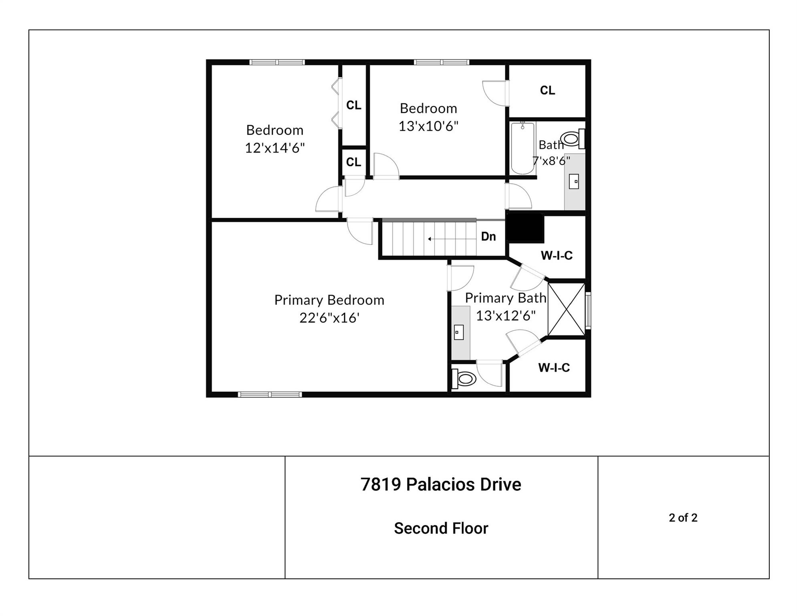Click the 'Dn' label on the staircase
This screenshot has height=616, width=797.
coord(488,237)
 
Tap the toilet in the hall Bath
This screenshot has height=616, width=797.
coord(573,139)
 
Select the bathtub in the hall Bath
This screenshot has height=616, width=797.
coord(523,148)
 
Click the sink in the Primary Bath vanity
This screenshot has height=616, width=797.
coord(459,332)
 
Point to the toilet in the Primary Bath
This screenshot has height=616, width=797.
coord(464,379)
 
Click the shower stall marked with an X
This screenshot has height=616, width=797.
coord(566,309)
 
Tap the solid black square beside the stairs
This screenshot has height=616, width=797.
coord(525,228)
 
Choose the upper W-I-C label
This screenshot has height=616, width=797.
coord(557,255)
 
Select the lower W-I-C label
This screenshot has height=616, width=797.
coord(554,367)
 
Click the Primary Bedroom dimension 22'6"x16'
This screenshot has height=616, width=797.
coord(329,318)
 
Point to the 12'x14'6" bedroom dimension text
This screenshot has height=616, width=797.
coord(275,148)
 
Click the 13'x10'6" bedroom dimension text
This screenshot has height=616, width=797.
coord(428,126)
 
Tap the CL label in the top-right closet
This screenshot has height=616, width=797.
coord(547,90)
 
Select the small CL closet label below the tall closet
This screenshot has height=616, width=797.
coord(353,162)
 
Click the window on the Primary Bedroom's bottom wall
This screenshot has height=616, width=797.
coord(270,395)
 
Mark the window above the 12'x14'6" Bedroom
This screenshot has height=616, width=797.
coord(277,62)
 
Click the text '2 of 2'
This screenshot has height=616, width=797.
coord(683,518)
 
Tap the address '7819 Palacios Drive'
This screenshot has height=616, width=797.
coord(441,484)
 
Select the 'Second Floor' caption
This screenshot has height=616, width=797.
coord(441,528)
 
